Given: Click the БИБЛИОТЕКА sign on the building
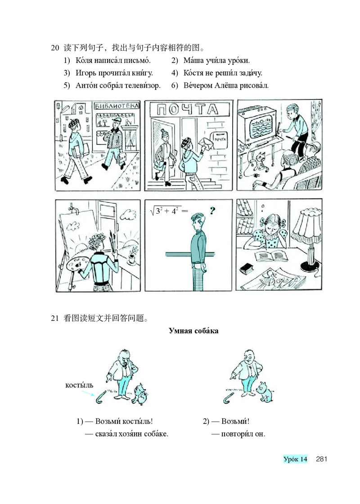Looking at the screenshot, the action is [x=117, y=106].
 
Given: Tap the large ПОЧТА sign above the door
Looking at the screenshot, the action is [x=188, y=109].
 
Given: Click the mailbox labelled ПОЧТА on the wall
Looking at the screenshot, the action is [x=220, y=140].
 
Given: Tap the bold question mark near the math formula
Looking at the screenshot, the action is [x=212, y=211].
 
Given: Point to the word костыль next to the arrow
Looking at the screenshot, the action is [x=79, y=385].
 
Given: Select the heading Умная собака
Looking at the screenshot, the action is [x=193, y=331].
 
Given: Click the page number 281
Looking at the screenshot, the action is [x=321, y=459].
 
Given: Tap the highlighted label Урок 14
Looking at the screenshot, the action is [x=295, y=459].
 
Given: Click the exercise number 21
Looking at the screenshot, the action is [x=54, y=318].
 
